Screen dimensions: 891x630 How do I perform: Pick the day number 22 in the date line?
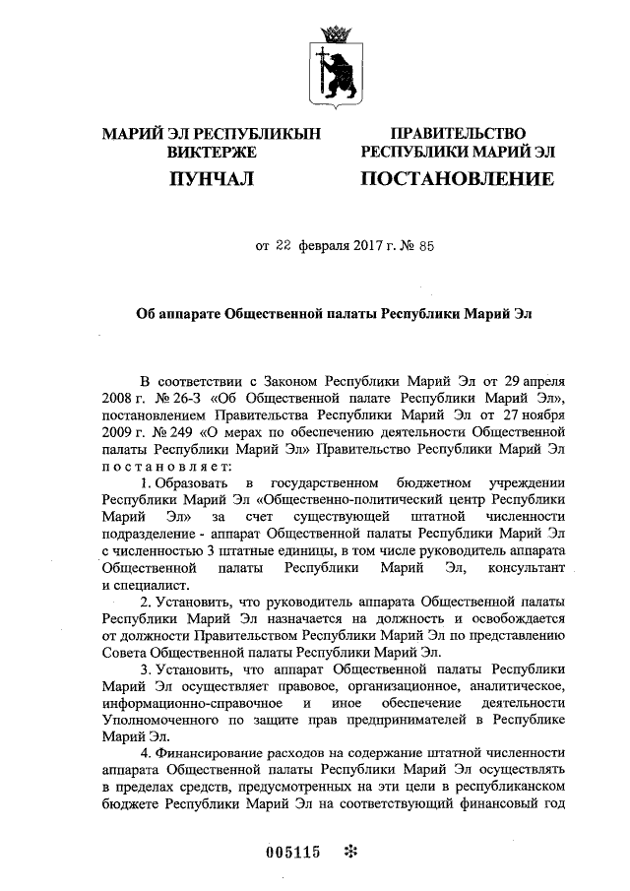pos(283,247)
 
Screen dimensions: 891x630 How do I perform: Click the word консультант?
pos(528,569)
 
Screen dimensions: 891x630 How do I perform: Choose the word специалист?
pos(141,586)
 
